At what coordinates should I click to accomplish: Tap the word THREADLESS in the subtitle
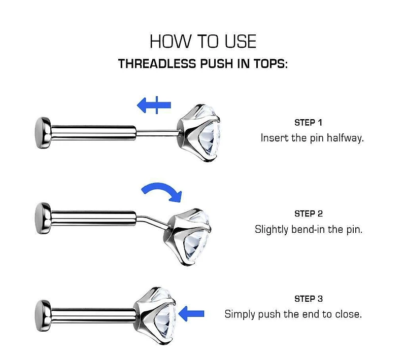157,63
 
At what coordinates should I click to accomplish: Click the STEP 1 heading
308,123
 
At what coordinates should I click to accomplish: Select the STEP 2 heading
309,214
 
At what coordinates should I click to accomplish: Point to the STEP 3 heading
309,299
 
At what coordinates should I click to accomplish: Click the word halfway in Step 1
345,138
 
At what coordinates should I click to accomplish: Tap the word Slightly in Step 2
272,229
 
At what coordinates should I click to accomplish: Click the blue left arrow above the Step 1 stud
154,105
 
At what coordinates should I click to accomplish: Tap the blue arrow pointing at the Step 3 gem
191,314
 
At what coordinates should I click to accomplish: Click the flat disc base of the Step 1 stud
43,133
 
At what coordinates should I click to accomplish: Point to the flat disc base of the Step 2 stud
43,219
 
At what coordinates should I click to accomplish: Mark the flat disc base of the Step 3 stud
43,316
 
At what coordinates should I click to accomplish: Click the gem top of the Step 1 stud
198,133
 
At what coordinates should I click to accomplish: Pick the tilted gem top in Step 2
187,236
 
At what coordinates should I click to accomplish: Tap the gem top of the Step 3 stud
155,316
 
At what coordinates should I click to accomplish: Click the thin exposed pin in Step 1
157,133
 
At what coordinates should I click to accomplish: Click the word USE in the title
241,42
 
